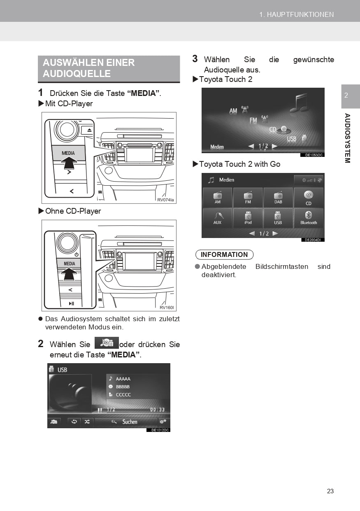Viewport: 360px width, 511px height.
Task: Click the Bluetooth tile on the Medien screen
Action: pos(309,218)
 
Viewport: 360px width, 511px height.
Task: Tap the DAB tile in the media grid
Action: pos(278,198)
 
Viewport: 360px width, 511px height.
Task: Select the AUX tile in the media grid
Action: pos(217,218)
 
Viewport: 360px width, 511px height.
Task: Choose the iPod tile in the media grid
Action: pos(248,218)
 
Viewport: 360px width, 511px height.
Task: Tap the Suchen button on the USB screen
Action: pos(125,422)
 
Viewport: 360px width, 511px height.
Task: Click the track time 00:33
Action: pos(157,409)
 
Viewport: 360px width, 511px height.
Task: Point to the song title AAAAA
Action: pos(123,379)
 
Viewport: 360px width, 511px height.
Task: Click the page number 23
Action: pos(330,491)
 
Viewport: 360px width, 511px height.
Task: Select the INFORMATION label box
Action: pos(224,254)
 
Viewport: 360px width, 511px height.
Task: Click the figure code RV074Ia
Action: pos(165,200)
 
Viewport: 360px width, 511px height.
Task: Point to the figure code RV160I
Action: pos(167,308)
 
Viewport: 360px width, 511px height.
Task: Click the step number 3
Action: pos(195,59)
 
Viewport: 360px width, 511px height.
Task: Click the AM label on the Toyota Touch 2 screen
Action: pos(233,111)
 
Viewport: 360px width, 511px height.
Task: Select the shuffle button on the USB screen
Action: pos(87,422)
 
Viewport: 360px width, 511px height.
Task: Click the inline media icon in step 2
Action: pos(107,343)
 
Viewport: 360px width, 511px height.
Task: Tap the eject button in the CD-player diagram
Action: pos(89,130)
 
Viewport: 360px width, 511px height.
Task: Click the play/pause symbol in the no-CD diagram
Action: pos(71,303)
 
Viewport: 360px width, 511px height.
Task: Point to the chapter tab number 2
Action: pos(346,96)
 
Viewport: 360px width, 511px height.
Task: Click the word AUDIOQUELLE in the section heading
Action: pos(77,74)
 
